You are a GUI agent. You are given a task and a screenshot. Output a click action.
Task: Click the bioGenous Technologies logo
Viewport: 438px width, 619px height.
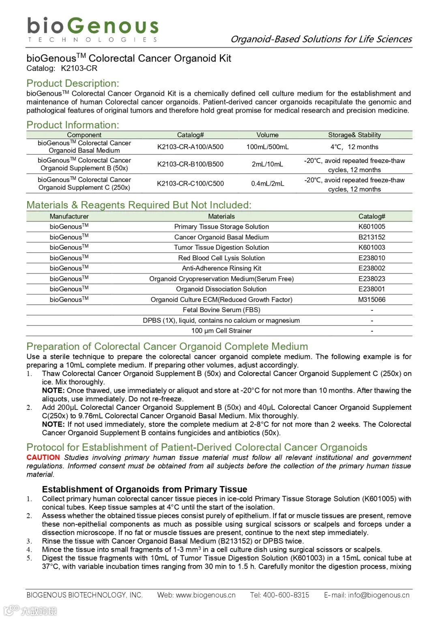pos(92,29)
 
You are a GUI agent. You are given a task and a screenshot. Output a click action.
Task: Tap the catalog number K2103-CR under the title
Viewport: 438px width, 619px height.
pos(79,69)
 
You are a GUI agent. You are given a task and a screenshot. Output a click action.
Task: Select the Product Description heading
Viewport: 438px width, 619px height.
pos(73,83)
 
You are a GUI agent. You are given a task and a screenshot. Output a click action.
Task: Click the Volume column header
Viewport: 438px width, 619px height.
pos(267,135)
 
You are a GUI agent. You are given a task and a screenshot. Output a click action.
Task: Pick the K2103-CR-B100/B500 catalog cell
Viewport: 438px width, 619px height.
pos(190,164)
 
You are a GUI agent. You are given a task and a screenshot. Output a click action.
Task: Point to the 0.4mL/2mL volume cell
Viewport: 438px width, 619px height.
pos(267,184)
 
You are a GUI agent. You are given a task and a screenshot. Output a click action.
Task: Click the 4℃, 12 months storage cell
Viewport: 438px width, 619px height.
pos(354,147)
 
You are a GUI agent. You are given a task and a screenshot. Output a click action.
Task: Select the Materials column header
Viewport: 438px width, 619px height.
pos(221,216)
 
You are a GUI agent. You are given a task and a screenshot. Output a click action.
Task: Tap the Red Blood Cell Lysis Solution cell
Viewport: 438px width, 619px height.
pos(221,258)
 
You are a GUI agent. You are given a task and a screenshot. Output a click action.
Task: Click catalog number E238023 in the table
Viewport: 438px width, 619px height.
pos(371,279)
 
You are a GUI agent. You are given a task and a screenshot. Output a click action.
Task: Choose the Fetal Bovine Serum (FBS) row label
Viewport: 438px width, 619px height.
pos(221,310)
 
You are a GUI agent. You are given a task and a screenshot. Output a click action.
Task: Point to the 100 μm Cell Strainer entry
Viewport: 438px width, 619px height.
pos(221,331)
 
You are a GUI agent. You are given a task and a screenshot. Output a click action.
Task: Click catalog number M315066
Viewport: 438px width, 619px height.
pos(371,300)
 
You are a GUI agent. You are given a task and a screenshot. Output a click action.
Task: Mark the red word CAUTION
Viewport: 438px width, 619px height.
pos(43,457)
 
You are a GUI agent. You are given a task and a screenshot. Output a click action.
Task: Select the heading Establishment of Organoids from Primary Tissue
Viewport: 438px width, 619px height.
pos(144,489)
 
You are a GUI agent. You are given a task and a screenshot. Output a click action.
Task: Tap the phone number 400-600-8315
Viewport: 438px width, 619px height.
pos(286,595)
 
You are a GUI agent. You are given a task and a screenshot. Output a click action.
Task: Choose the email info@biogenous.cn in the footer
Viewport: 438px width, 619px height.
pos(378,595)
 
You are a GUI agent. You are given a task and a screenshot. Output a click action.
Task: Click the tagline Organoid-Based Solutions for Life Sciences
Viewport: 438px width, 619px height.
pos(321,39)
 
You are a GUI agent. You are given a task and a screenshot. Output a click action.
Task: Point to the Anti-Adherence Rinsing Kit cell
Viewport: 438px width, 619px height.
pos(221,268)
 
